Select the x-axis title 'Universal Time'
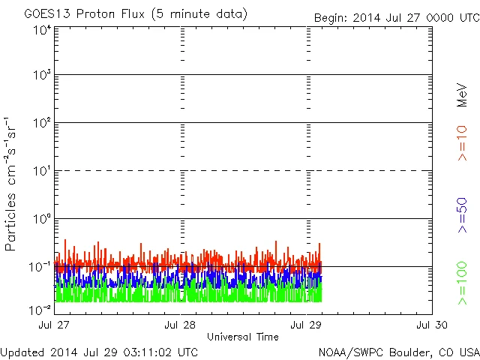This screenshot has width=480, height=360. click(243, 337)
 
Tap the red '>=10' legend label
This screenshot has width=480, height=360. click(462, 143)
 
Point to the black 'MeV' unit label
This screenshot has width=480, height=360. click(462, 94)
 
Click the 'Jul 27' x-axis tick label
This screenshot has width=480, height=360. click(54, 325)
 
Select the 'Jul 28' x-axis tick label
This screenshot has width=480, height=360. click(180, 325)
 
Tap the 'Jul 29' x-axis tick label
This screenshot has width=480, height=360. click(306, 325)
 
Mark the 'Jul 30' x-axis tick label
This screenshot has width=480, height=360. click(432, 325)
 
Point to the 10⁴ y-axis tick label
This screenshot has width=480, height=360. click(42, 30)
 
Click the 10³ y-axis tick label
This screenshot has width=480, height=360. click(42, 75)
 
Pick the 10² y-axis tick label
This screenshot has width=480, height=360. click(42, 123)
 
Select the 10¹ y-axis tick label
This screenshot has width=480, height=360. click(42, 171)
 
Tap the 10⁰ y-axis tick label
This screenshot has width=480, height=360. click(42, 219)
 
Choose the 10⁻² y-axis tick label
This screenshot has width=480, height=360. click(40, 309)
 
